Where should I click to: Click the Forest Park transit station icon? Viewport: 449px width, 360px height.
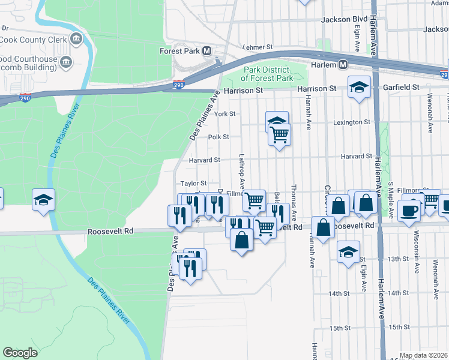[207, 51]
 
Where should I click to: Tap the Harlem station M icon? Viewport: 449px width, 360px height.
[343, 64]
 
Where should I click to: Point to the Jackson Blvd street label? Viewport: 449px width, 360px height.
[344, 19]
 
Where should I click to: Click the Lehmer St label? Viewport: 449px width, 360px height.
[258, 46]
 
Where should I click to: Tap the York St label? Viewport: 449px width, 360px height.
[224, 113]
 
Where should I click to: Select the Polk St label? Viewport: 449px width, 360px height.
[218, 137]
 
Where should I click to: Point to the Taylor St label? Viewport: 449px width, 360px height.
[194, 183]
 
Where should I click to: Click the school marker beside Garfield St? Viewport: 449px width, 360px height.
[358, 88]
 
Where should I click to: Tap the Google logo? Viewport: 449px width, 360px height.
[20, 353]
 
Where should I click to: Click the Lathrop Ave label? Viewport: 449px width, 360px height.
[242, 169]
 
